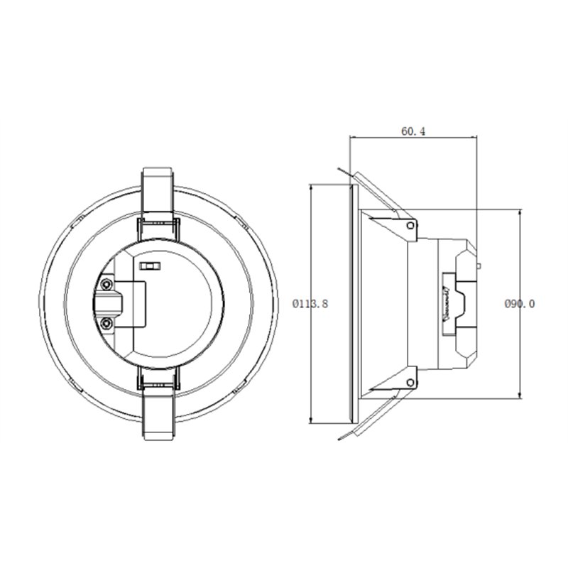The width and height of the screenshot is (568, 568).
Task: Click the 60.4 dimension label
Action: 413,131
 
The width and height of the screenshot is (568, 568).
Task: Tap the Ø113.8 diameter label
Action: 310,304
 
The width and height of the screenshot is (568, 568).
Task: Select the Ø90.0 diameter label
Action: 520,304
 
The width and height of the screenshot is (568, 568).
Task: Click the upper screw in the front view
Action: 106,285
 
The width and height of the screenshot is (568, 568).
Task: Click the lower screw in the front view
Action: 106,324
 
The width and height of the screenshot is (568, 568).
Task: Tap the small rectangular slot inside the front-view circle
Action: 150,267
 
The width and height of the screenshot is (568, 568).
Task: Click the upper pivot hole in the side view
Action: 410,226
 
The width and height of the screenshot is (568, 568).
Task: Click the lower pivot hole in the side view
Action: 410,383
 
